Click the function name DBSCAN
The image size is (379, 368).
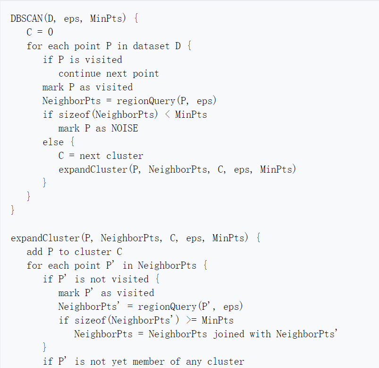[x=26, y=19]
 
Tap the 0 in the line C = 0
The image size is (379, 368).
[x=51, y=33]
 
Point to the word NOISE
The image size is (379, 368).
[x=125, y=129]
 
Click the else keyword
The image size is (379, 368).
[x=53, y=142]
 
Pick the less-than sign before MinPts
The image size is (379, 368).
[x=167, y=115]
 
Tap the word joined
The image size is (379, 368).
[x=229, y=334]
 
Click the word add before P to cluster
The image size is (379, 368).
[x=34, y=252]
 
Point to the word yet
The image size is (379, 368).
[x=119, y=362]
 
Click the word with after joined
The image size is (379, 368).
[x=260, y=334]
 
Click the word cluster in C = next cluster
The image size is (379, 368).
[x=125, y=156]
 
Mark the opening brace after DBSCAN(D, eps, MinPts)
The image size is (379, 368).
[x=136, y=19]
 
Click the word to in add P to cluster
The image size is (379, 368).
[x=64, y=252]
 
